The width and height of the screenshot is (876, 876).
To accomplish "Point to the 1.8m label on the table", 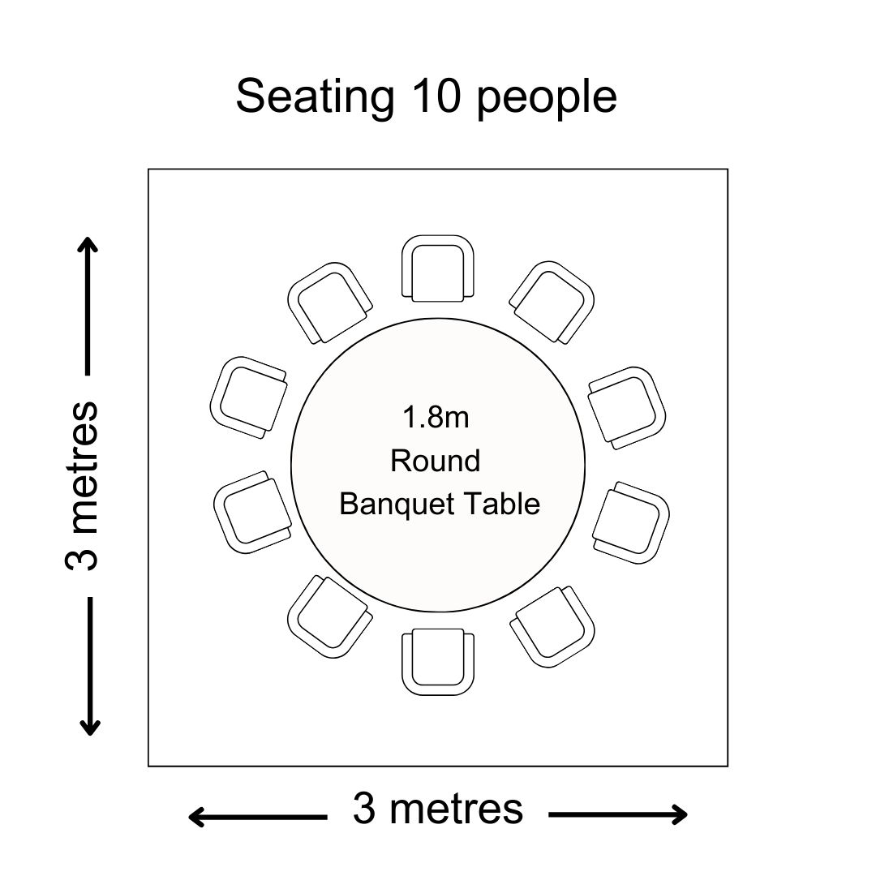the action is [x=436, y=418].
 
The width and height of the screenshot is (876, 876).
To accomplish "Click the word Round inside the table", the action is [x=436, y=461].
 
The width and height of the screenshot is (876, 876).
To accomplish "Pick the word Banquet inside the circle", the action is [x=397, y=505].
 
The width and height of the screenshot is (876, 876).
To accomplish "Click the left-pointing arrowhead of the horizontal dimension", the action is [x=196, y=818].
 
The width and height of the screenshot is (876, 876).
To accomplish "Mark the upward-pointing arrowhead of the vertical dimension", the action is [x=88, y=245].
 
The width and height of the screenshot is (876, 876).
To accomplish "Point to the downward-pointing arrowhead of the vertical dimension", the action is [x=89, y=727].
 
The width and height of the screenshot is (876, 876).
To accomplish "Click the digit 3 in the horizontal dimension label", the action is [x=364, y=809].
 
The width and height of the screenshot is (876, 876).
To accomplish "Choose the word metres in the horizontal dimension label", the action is [x=457, y=809].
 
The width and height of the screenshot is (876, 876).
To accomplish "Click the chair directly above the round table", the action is [x=438, y=268].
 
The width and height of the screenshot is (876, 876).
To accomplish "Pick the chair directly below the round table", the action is [x=438, y=662].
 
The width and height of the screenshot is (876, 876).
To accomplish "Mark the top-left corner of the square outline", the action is [x=148, y=169].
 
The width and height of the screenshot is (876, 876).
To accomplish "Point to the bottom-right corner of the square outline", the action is [x=728, y=766].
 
